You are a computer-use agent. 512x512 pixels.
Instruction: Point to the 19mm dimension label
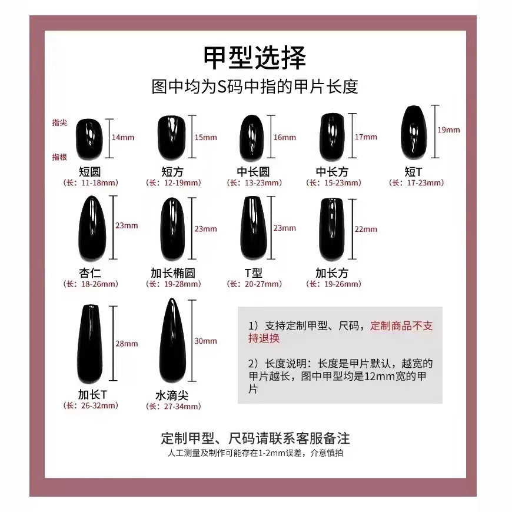tap(449, 130)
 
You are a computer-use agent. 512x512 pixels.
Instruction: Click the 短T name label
tap(414, 171)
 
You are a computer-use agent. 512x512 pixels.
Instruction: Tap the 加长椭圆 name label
tap(172, 273)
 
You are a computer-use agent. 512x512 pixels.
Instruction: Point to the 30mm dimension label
tap(205, 341)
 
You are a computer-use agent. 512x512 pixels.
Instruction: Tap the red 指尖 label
tap(59, 122)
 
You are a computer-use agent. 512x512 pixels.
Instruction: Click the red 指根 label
tap(59, 157)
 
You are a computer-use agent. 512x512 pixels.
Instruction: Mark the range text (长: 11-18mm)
tap(91, 183)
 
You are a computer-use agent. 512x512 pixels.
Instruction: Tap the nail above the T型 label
tap(253, 228)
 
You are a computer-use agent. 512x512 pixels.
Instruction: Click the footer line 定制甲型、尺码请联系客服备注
tap(255, 439)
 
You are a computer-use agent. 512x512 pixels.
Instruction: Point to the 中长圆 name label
tap(253, 171)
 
